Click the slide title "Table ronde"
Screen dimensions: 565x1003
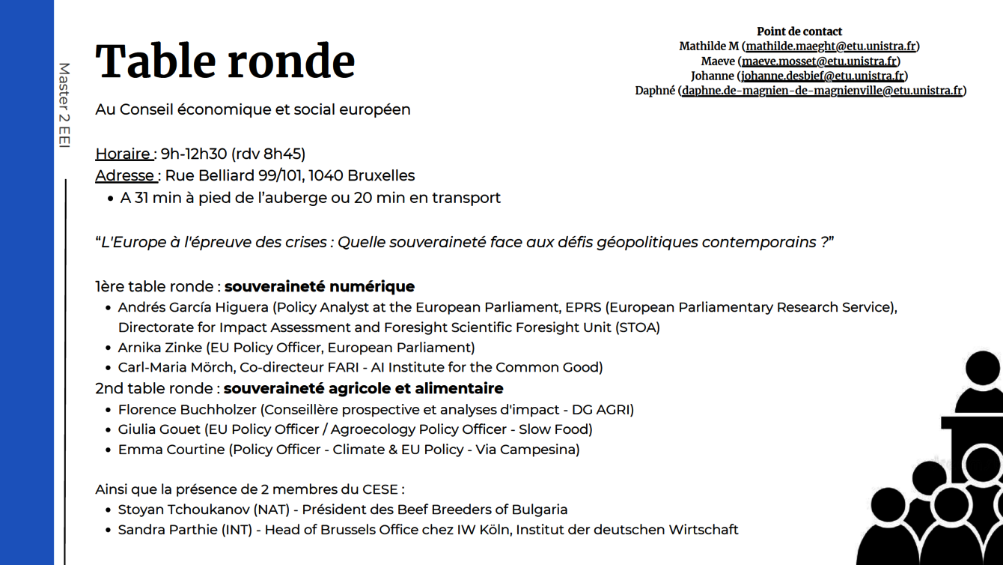click(225, 61)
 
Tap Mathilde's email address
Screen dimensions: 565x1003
click(831, 46)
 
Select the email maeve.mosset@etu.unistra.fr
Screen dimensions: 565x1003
click(819, 61)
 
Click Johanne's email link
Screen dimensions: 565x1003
click(822, 76)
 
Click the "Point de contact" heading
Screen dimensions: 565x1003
click(799, 31)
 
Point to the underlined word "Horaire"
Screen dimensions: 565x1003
click(124, 154)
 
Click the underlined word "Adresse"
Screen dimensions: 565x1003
click(125, 175)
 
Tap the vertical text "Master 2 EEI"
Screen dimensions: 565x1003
click(64, 105)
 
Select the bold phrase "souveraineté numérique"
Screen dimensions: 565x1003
click(320, 286)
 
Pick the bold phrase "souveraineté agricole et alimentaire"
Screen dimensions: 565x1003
click(363, 388)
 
